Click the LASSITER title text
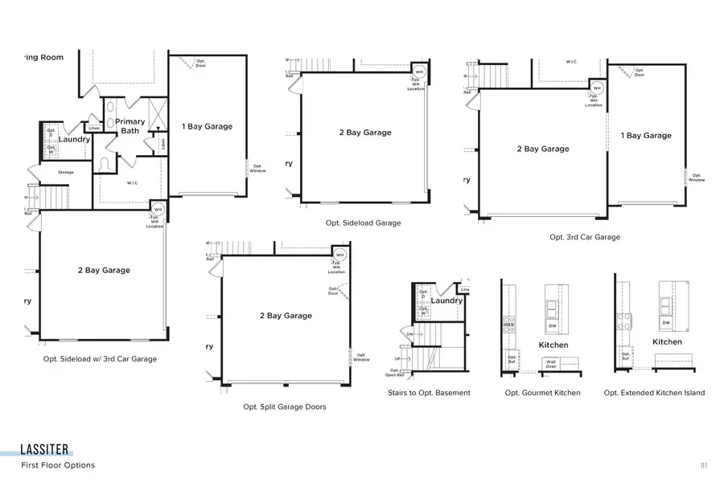(45, 449)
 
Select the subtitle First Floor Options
(58, 465)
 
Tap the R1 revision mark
(703, 465)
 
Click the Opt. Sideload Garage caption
(363, 223)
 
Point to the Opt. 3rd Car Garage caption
(585, 237)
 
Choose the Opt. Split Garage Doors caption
(285, 407)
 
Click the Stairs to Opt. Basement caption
(429, 393)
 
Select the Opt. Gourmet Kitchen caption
(542, 393)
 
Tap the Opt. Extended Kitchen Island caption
(654, 393)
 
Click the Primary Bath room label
(133, 126)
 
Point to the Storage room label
(66, 172)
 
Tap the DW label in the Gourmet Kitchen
(552, 326)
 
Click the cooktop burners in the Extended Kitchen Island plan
(623, 321)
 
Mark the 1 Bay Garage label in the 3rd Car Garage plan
(646, 136)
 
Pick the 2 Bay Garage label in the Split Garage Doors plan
(286, 316)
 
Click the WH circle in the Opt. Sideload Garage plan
(418, 71)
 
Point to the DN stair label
(409, 334)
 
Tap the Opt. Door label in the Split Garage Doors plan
(334, 292)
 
